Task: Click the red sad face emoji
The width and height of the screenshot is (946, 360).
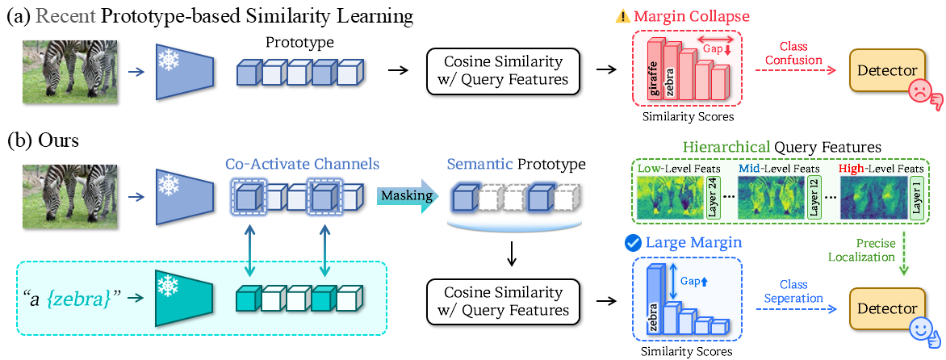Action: pos(918,95)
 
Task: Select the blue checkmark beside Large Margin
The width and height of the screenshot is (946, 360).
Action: pos(633,243)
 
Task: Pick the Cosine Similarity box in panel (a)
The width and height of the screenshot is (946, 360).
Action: pos(503,71)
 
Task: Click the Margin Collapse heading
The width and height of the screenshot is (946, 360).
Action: pos(678,16)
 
